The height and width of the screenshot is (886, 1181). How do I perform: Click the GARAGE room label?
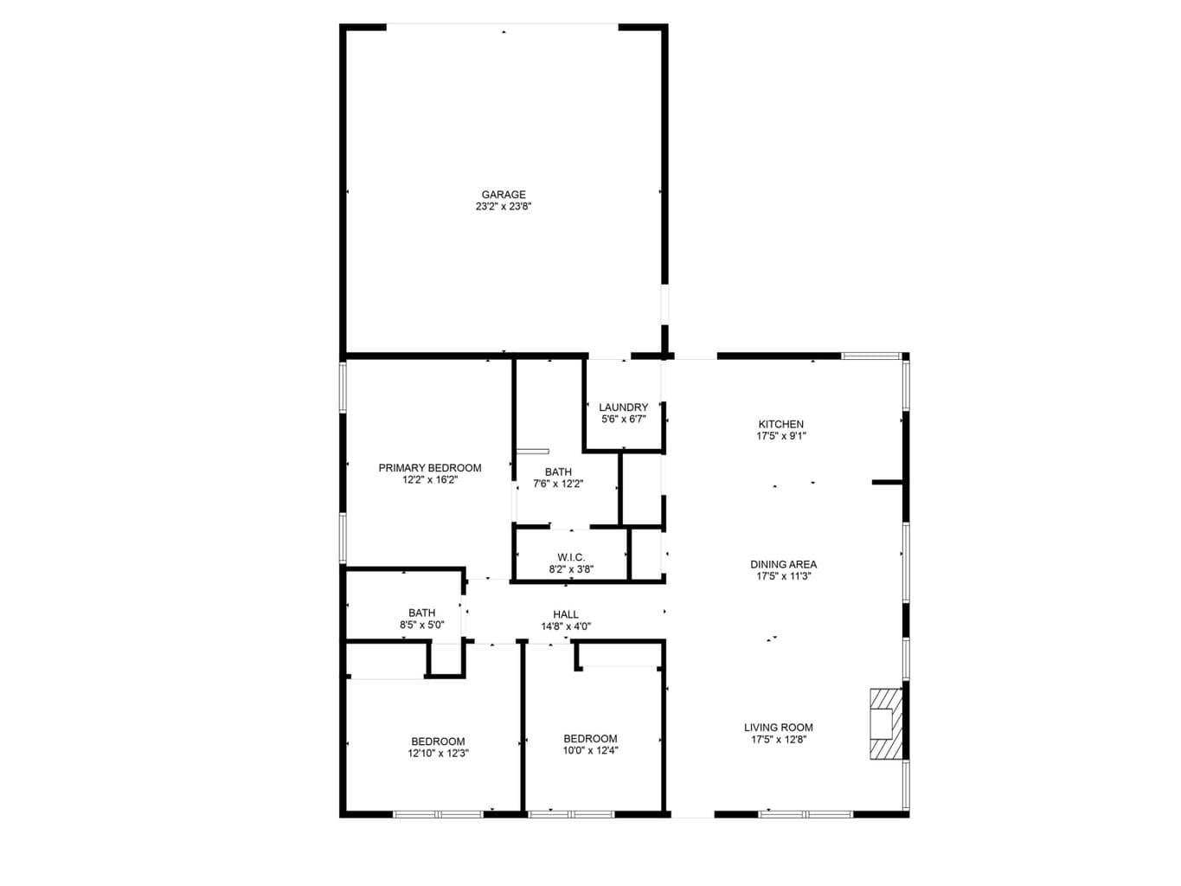coord(503,194)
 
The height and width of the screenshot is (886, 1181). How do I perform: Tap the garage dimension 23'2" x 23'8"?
coord(503,206)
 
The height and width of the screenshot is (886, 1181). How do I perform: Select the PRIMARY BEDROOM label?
coord(429,467)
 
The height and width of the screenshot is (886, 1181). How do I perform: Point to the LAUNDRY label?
coord(623,407)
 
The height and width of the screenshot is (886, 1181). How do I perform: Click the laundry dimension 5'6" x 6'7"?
coord(623,419)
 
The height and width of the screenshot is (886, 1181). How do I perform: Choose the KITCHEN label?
coord(780,424)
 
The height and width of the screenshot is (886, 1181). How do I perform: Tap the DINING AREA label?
coord(783,564)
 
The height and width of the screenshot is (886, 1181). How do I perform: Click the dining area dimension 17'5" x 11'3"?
coord(783,575)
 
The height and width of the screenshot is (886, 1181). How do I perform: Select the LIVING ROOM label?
coord(778,727)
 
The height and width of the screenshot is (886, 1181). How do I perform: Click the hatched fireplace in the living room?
coord(885,723)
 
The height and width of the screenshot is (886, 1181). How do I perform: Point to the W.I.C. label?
coord(571,556)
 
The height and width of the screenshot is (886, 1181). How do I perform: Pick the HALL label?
coord(566,613)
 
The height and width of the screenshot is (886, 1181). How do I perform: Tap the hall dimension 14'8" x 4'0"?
coord(566,626)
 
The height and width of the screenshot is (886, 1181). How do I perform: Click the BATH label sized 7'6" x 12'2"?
coord(558,472)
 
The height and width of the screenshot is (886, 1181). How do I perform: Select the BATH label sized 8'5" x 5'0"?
coord(422,613)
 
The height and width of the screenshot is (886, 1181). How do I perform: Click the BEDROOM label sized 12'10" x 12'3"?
coord(438,741)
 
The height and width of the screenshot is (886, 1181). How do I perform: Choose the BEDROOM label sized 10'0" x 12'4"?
coord(590,738)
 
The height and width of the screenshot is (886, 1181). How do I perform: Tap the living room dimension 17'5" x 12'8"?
coord(778,739)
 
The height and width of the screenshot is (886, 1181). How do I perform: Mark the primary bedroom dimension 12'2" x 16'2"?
coord(429,479)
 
